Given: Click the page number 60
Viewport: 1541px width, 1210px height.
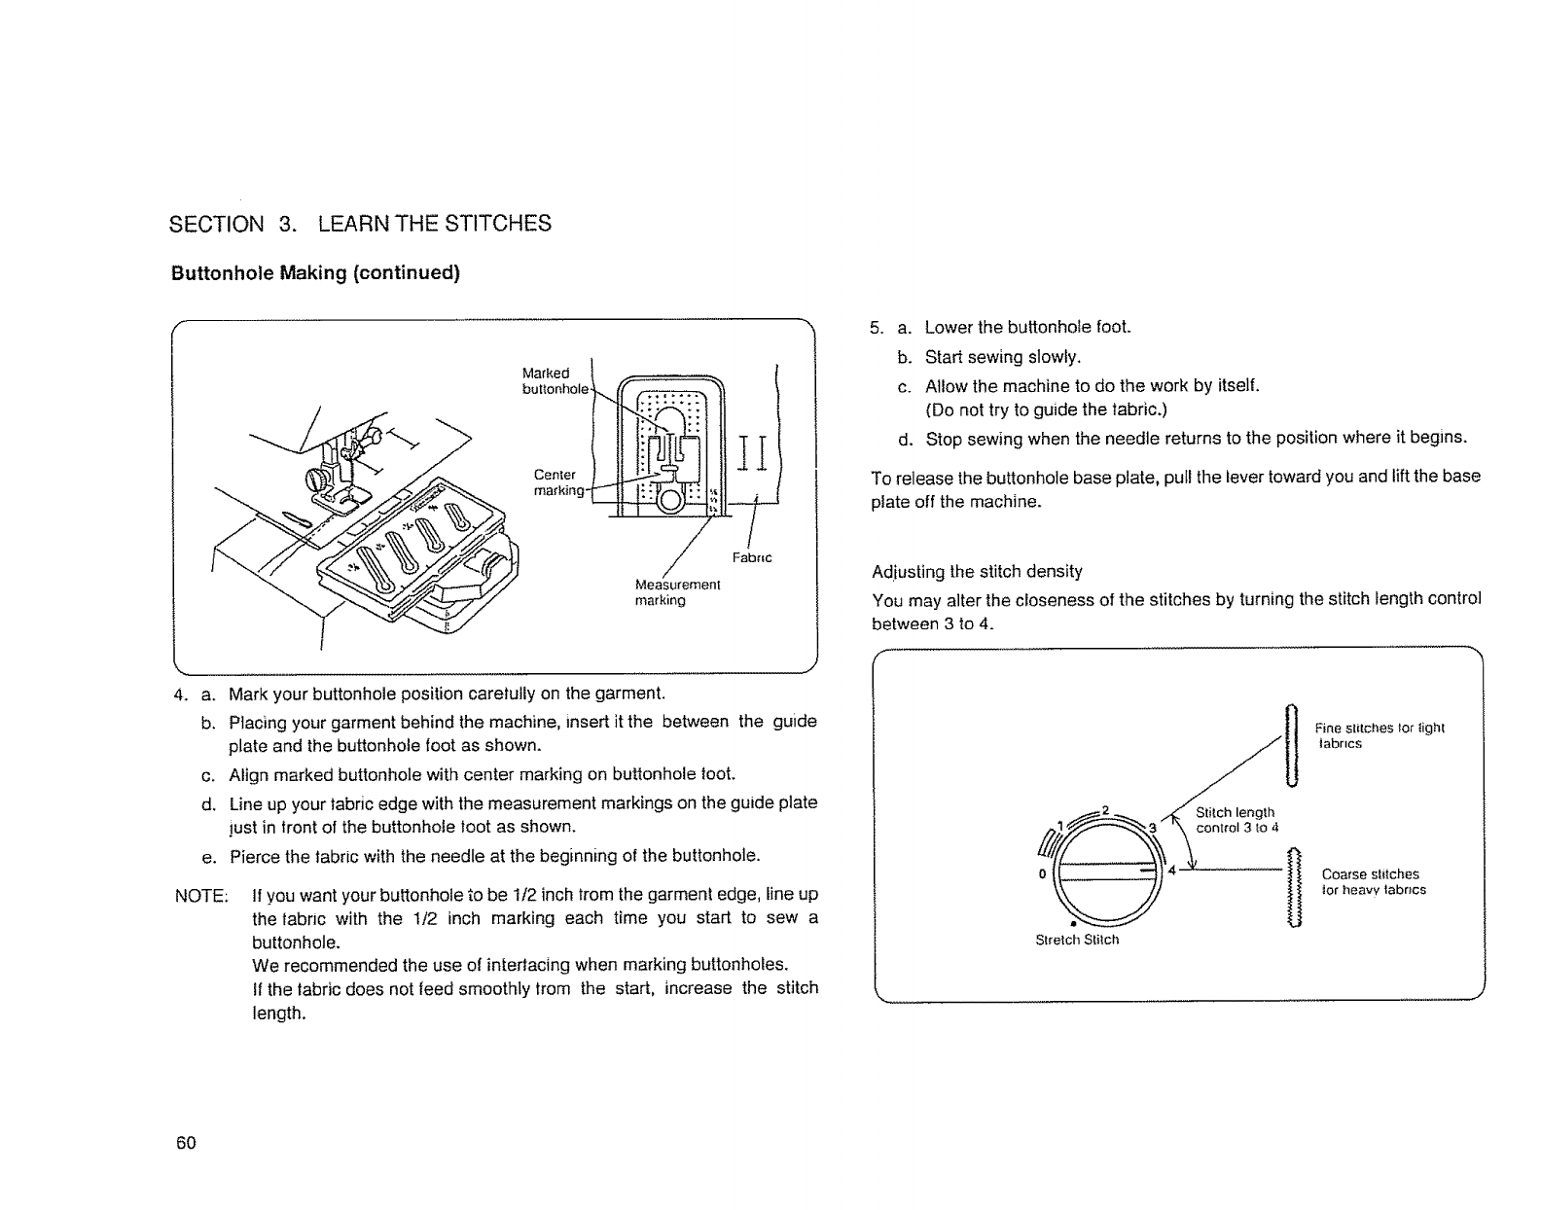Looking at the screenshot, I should point(186,1142).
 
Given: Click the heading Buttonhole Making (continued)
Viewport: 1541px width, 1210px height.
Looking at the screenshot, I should point(314,272).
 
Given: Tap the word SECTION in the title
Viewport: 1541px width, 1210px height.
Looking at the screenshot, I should point(216,224).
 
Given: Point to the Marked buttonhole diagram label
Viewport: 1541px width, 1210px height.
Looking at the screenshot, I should point(552,381).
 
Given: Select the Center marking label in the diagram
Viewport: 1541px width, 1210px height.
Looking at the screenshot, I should point(556,482).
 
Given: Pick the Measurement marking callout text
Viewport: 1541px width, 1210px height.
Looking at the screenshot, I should point(676,592).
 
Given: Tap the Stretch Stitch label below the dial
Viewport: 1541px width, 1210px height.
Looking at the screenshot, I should point(1076,940).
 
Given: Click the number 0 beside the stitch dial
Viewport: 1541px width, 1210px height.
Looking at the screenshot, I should point(1042,872).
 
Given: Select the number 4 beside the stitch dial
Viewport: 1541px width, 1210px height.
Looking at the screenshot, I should point(1172,869).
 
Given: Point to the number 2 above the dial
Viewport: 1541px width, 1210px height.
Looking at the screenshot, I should point(1105,809).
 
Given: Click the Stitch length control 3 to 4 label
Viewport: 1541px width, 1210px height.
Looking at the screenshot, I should point(1236,820).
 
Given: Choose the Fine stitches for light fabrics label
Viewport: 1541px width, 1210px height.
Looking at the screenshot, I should point(1379,735).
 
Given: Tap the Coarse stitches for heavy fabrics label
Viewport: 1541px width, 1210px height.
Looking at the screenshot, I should point(1373,881).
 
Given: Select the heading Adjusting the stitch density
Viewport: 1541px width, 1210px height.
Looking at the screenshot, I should point(977,571).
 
